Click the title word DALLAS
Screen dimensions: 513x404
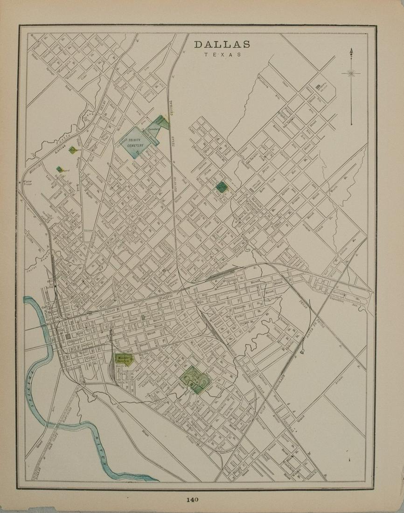(x=222, y=44)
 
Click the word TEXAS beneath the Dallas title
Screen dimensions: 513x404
(x=222, y=55)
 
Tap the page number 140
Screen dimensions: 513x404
(x=192, y=499)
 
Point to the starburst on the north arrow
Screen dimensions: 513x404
(x=351, y=73)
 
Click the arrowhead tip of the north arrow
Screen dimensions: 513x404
(x=351, y=50)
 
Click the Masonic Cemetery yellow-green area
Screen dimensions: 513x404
(x=124, y=359)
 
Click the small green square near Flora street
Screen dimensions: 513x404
(x=222, y=187)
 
